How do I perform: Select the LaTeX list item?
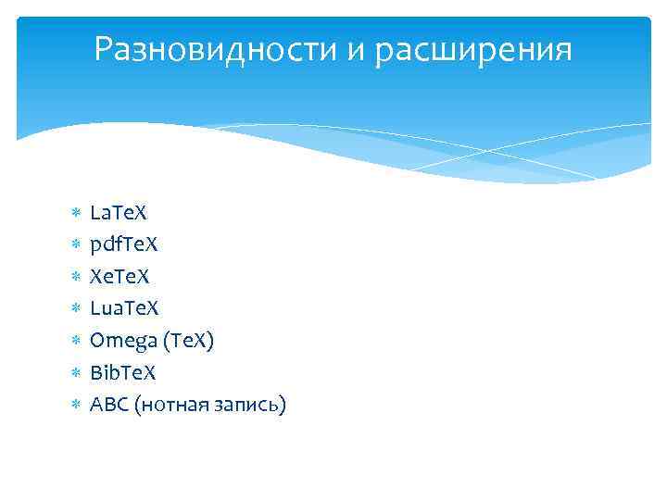[119, 213]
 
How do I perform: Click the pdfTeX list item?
[124, 245]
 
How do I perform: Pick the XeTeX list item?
[120, 277]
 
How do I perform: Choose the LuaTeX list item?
[125, 308]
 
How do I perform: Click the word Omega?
[122, 342]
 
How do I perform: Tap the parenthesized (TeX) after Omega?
[188, 341]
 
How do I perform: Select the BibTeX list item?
[123, 372]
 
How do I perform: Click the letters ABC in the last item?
[108, 405]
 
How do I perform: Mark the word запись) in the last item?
[254, 405]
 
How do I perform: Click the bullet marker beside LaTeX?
[76, 214]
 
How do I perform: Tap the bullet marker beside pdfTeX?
[76, 245]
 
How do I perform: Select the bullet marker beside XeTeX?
[76, 277]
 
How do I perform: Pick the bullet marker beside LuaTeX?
[76, 309]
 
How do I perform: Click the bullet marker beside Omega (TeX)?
[76, 341]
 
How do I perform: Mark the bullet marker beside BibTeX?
[76, 372]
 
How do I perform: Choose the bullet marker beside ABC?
[76, 405]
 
